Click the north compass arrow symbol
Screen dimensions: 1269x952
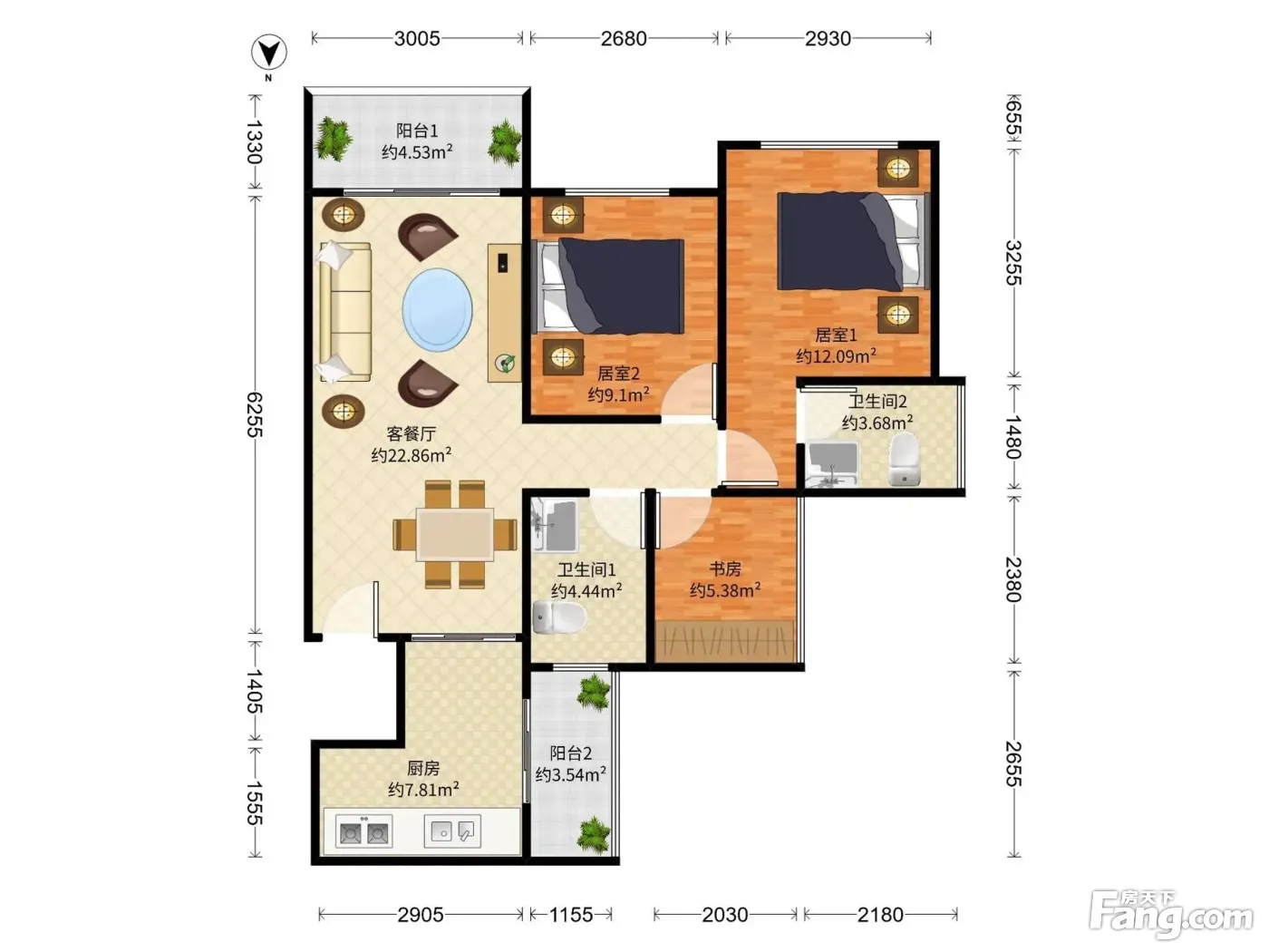pos(269,53)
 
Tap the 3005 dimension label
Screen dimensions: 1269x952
pos(417,39)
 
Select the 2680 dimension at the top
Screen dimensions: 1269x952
pos(624,39)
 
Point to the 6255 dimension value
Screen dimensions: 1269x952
pos(255,414)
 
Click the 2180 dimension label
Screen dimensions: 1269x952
pos(880,915)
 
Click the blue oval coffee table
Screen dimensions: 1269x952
pos(437,309)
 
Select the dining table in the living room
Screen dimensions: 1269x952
pos(455,535)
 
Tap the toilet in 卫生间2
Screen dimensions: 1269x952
pos(905,460)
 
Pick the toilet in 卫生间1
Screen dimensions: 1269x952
pos(558,617)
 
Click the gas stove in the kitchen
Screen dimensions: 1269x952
pos(363,831)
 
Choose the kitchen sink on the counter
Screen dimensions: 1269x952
pos(452,831)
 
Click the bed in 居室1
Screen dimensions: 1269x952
pos(853,240)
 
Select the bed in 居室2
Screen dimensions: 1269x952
pos(612,287)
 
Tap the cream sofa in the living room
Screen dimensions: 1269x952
pos(345,312)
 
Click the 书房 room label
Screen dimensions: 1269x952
pos(725,568)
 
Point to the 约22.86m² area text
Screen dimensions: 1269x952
pos(411,455)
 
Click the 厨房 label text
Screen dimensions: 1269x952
pos(423,768)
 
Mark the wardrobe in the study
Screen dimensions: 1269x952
pos(725,641)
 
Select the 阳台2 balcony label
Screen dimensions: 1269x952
pos(571,753)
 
